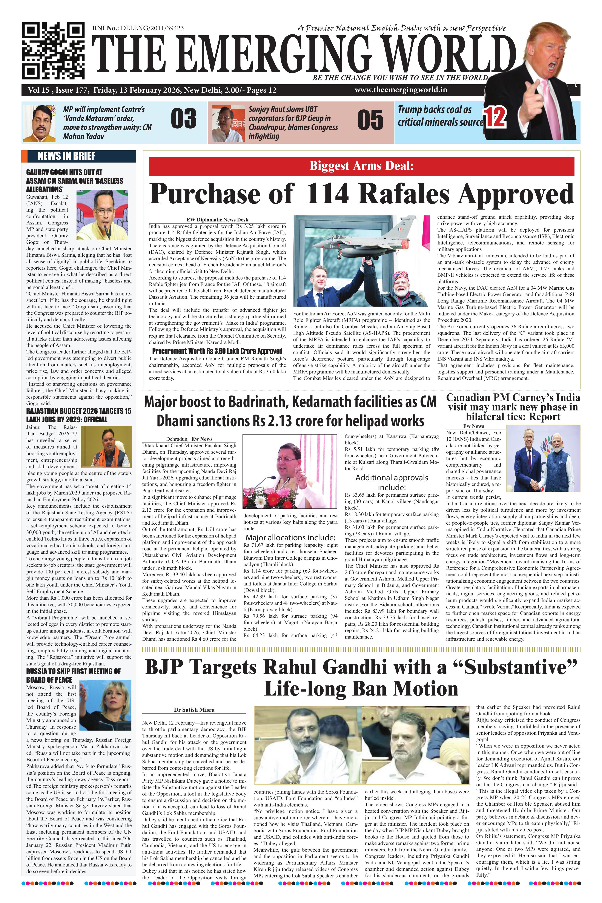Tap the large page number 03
click(184, 119)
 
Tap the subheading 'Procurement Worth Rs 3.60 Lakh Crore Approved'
click(217, 351)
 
